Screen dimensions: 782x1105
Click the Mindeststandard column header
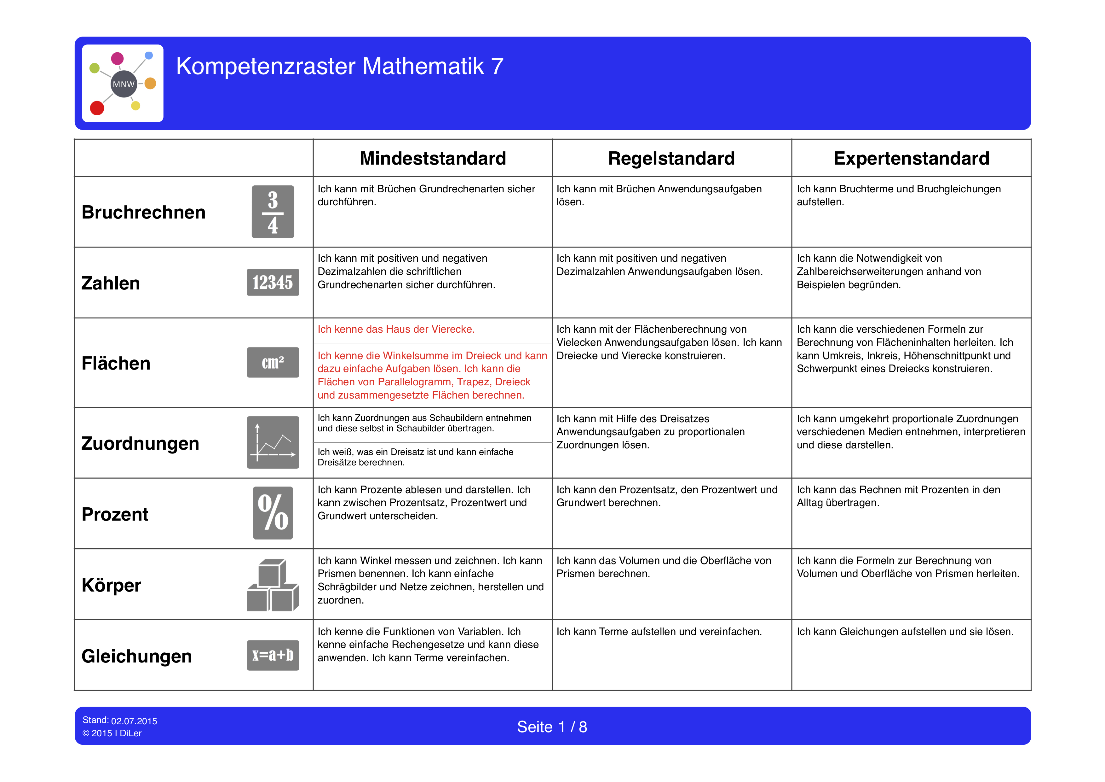click(433, 158)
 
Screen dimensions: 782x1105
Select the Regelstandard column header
click(671, 158)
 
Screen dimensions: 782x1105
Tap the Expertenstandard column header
click(911, 158)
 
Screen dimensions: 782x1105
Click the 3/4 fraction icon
click(273, 212)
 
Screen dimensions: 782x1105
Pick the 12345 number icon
click(273, 282)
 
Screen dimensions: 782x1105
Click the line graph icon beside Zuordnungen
click(273, 442)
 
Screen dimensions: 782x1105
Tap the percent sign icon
click(273, 513)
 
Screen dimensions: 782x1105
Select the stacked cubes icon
click(273, 585)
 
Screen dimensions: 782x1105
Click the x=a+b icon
click(273, 655)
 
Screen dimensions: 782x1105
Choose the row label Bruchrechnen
click(143, 212)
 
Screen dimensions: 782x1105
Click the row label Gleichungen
click(137, 656)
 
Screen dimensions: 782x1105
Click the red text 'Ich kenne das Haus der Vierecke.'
click(396, 330)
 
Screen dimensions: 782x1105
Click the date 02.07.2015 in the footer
click(134, 721)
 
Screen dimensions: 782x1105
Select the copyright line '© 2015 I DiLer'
click(112, 733)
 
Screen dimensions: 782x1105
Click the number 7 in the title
click(497, 67)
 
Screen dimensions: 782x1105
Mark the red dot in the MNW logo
click(97, 108)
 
